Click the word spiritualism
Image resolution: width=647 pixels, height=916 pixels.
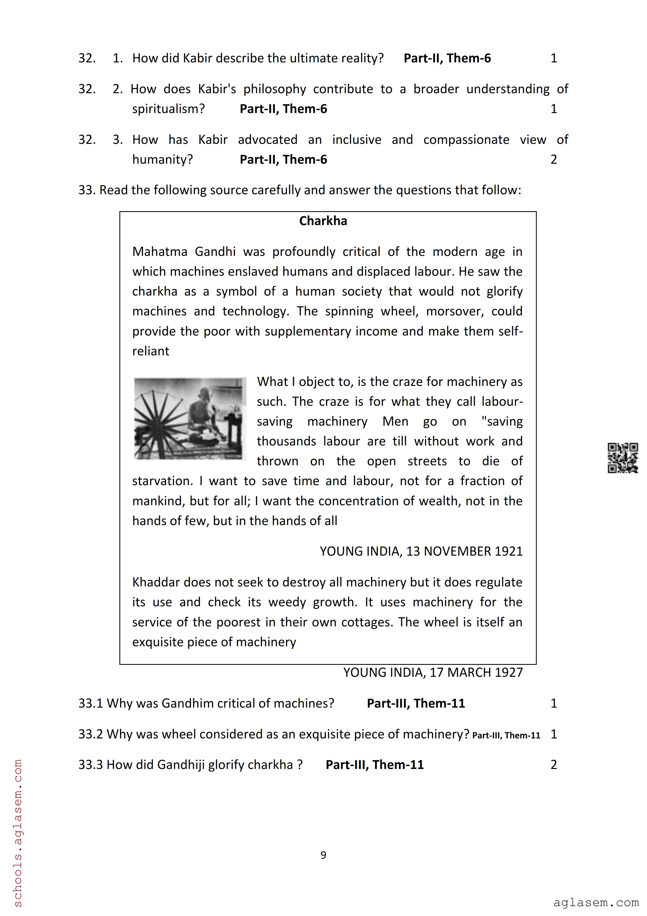pos(168,109)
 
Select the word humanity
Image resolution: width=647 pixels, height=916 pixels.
pos(162,159)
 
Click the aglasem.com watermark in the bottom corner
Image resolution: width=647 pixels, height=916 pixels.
pos(596,902)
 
